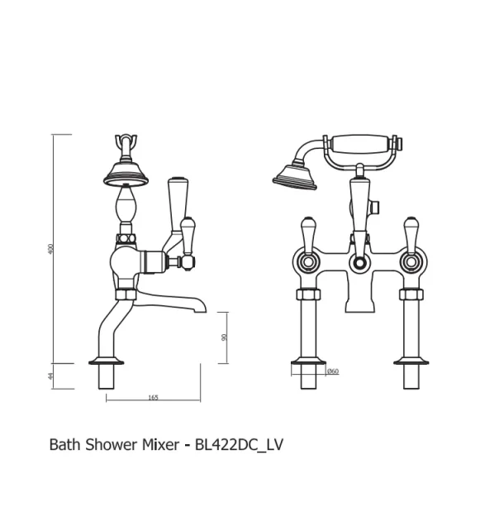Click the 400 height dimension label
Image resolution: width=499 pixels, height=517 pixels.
click(x=50, y=249)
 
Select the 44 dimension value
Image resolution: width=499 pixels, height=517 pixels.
click(x=50, y=376)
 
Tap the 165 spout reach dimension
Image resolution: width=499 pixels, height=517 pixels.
click(x=153, y=398)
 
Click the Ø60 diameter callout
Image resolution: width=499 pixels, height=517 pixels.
click(x=333, y=371)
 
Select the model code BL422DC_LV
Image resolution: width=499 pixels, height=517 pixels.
click(x=239, y=444)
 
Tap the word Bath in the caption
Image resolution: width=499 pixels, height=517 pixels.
click(x=64, y=444)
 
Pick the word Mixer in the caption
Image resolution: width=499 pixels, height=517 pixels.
click(x=160, y=444)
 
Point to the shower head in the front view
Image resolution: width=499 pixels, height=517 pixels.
click(x=294, y=176)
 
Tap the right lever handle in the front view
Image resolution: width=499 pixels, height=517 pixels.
click(x=411, y=233)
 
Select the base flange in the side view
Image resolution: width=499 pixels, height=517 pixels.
click(x=108, y=361)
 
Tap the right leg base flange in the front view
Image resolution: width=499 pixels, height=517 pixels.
click(x=411, y=361)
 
